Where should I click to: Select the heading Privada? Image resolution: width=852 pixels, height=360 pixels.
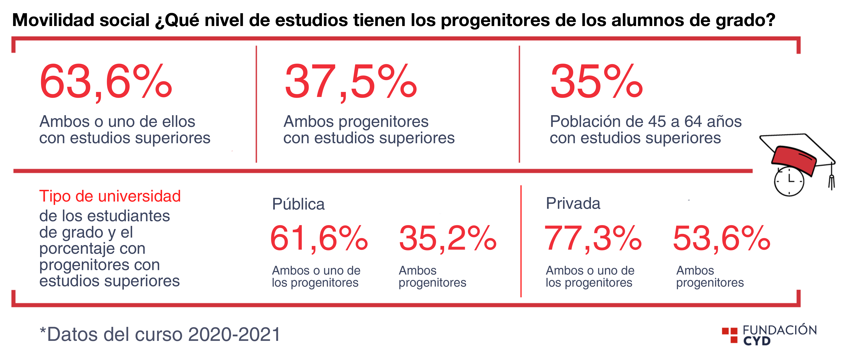pyautogui.click(x=573, y=203)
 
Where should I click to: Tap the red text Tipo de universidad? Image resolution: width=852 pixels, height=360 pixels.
pyautogui.click(x=110, y=196)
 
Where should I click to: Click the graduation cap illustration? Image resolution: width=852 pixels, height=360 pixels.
pyautogui.click(x=797, y=155)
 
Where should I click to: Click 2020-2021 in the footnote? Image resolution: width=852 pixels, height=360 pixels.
pyautogui.click(x=234, y=334)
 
